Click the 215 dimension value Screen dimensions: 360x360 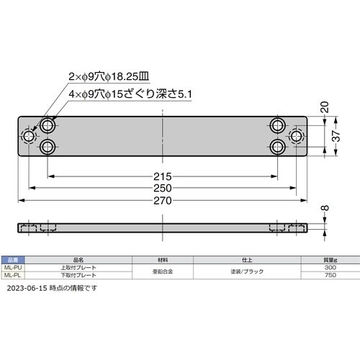pyautogui.click(x=162, y=176)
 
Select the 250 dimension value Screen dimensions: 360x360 pyautogui.click(x=162, y=188)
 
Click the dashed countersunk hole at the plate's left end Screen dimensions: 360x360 pyautogui.click(x=29, y=136)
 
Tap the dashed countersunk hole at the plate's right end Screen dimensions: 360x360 pyautogui.click(x=296, y=136)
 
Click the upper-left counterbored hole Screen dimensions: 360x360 pyautogui.click(x=48, y=125)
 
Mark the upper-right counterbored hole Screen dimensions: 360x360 pyautogui.click(x=277, y=125)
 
